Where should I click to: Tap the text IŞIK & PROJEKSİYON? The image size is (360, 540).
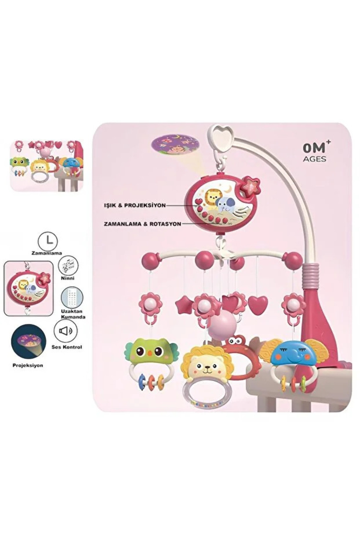(x=135, y=205)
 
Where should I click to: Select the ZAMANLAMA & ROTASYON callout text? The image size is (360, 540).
(x=142, y=224)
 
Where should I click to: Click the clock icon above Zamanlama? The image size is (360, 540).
(x=48, y=241)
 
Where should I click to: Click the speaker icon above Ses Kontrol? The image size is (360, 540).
(x=65, y=331)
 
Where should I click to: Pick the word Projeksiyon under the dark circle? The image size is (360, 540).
(x=28, y=365)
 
